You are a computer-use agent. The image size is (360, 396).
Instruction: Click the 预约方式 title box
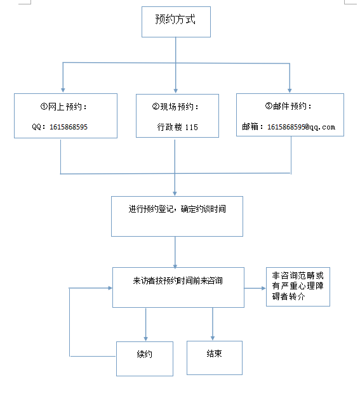point(176,22)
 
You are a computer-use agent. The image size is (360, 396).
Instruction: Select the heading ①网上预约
point(63,107)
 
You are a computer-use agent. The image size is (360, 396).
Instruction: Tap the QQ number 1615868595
point(69,127)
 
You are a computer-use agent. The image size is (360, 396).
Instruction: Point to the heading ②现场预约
point(175,107)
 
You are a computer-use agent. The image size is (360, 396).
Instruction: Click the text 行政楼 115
point(177,127)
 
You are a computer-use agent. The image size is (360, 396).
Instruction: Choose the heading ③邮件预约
point(288,106)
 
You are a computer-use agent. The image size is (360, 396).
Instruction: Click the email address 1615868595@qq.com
point(301,127)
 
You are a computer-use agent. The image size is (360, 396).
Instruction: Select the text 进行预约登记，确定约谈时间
point(177,209)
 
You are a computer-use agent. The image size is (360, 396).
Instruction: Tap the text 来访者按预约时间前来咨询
point(178,280)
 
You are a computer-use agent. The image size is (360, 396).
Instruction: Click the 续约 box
point(145,359)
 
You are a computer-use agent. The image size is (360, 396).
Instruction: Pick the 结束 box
point(215,358)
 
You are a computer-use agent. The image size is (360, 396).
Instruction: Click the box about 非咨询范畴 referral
point(298,287)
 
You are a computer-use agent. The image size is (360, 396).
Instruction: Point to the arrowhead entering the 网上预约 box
point(63,90)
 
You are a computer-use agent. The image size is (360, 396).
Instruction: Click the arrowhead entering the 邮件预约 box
point(290,90)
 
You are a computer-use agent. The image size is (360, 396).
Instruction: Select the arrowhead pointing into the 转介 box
point(263,288)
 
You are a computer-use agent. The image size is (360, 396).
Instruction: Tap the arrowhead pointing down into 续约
point(146,339)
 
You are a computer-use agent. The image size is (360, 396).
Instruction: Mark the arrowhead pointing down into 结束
point(213,338)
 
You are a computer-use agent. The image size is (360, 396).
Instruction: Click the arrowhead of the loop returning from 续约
point(110,288)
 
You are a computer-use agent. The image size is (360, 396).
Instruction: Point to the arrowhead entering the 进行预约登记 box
point(175,194)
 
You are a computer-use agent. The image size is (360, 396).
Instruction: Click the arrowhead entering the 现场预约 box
point(176,91)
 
